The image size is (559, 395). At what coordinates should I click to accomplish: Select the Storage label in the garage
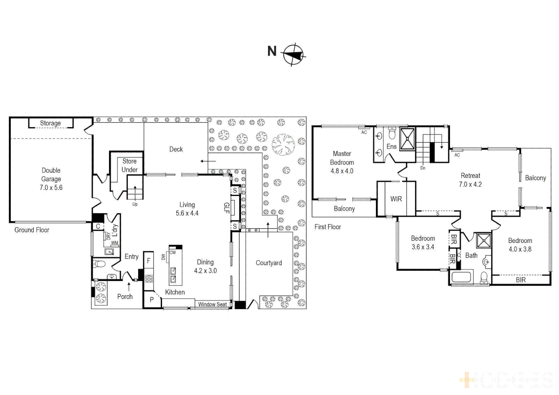(51, 123)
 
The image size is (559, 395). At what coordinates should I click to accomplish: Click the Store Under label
(129, 165)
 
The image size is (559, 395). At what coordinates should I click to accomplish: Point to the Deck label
(176, 149)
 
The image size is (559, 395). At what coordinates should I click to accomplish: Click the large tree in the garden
(283, 144)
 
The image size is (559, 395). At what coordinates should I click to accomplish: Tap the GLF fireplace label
(226, 208)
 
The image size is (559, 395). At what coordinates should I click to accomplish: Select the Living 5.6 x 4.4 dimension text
(187, 213)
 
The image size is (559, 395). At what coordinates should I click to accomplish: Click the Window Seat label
(212, 304)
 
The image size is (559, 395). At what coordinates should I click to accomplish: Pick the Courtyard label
(269, 263)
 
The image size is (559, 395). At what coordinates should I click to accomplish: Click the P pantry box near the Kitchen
(152, 300)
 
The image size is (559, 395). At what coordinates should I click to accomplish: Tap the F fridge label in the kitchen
(149, 261)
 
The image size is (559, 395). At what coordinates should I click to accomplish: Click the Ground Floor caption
(32, 230)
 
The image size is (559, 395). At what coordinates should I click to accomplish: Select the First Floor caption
(328, 227)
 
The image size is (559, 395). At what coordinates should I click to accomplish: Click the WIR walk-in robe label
(396, 199)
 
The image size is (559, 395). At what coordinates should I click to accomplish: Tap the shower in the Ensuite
(407, 139)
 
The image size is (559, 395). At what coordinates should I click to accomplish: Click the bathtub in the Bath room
(461, 277)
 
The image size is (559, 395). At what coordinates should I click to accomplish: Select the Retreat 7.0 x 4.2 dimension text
(470, 184)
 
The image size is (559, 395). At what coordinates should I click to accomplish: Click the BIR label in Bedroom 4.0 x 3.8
(521, 280)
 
